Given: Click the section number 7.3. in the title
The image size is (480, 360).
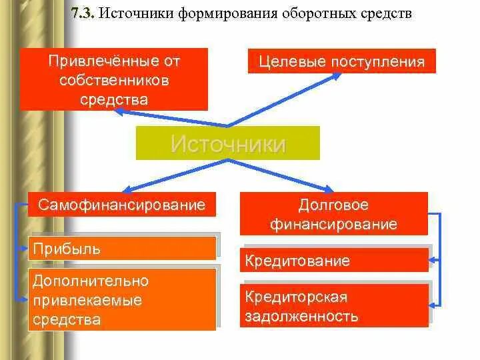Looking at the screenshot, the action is click(x=84, y=14).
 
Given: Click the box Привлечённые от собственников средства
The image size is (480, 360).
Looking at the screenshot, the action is click(x=113, y=79).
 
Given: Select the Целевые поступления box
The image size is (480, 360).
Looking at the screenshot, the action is click(x=341, y=61).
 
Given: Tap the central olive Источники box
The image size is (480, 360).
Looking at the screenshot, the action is click(x=228, y=143).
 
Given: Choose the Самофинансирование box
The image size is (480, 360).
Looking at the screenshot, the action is click(x=122, y=204).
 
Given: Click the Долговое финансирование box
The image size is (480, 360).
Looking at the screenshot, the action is click(x=333, y=214).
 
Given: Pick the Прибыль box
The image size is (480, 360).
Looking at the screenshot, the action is click(x=123, y=248).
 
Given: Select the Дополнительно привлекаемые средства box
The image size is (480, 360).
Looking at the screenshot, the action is click(x=123, y=299).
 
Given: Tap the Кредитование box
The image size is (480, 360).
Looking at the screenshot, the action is click(x=333, y=260).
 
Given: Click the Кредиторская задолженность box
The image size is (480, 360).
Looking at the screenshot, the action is click(x=333, y=306).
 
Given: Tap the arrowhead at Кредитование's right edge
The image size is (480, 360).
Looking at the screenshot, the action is click(x=433, y=259).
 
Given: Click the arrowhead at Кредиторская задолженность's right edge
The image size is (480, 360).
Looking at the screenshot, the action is click(x=433, y=305).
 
